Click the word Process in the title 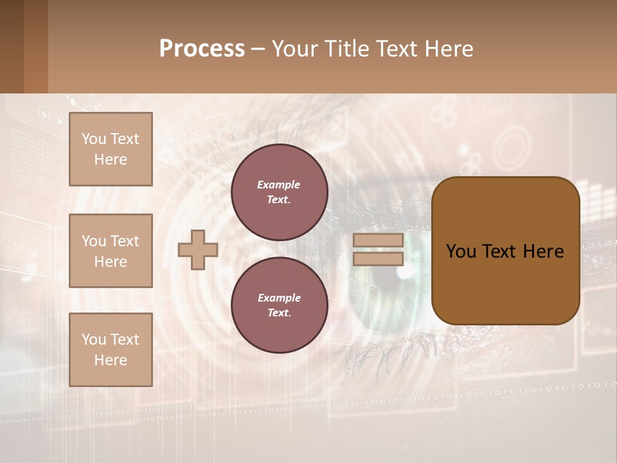point(202,48)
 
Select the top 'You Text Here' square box point(111,149)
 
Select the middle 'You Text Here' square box point(111,251)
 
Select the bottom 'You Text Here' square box point(111,349)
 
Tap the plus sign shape point(198,250)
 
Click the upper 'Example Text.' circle point(279,192)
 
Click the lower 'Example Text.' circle point(279,305)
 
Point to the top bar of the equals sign point(379,240)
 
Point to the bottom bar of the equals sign point(379,259)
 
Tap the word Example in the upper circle point(279,185)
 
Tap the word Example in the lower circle point(279,298)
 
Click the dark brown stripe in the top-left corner point(12,46)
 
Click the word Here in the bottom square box point(111,360)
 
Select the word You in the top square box point(94,139)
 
